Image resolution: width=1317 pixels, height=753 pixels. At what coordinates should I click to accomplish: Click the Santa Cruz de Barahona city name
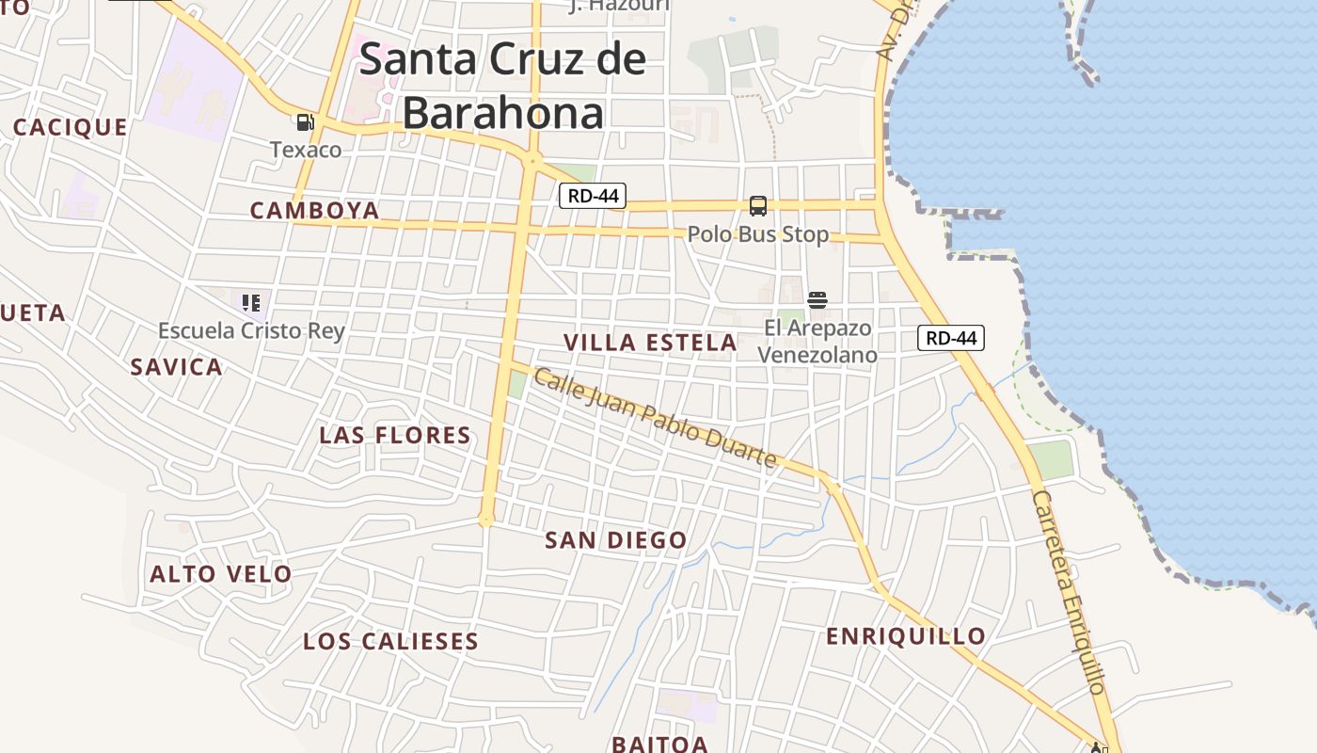pyautogui.click(x=503, y=86)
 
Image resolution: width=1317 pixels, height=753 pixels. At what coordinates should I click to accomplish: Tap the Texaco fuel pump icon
pyautogui.click(x=305, y=122)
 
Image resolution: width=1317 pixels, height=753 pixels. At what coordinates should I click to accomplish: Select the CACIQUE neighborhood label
pyautogui.click(x=71, y=127)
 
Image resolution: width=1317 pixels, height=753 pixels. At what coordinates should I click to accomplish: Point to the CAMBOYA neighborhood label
pyautogui.click(x=314, y=210)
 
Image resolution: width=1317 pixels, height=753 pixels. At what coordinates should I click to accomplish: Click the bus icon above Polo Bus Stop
pyautogui.click(x=757, y=206)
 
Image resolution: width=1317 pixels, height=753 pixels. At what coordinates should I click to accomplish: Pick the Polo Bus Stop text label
pyautogui.click(x=758, y=233)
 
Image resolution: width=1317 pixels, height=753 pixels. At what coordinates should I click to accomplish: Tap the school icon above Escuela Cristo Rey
pyautogui.click(x=250, y=303)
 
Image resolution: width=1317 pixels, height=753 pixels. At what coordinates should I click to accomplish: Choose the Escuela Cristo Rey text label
pyautogui.click(x=251, y=330)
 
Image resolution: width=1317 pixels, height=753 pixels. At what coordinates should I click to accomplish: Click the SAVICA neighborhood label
pyautogui.click(x=177, y=367)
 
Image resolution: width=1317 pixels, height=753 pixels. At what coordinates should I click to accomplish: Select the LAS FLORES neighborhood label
pyautogui.click(x=395, y=435)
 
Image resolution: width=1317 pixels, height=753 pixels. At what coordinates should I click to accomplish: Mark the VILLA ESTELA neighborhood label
pyautogui.click(x=650, y=343)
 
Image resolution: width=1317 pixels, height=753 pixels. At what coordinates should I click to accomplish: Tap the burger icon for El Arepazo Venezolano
pyautogui.click(x=817, y=300)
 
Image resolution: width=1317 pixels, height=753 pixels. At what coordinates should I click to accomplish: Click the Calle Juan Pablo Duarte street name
pyautogui.click(x=655, y=418)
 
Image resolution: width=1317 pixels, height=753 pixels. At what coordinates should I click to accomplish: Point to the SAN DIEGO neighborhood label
pyautogui.click(x=616, y=540)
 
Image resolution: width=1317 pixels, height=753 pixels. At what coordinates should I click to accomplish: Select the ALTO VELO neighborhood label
pyautogui.click(x=221, y=573)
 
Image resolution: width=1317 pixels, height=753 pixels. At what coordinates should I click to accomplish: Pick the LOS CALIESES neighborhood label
pyautogui.click(x=390, y=641)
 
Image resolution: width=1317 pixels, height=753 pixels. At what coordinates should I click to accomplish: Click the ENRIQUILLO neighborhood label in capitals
pyautogui.click(x=906, y=636)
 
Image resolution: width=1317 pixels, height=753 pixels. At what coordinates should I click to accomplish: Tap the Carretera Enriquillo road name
pyautogui.click(x=1069, y=591)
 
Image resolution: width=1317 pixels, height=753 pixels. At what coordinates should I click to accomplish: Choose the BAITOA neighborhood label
pyautogui.click(x=659, y=744)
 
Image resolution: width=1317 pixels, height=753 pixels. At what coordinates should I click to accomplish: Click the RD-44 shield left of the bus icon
pyautogui.click(x=592, y=196)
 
